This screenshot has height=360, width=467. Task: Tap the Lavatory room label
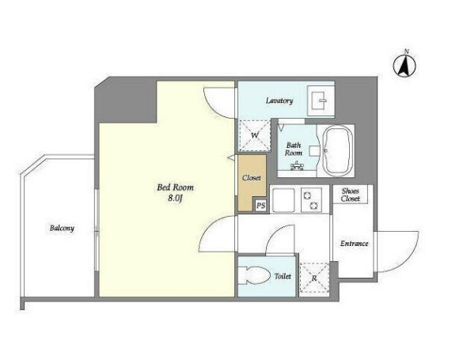tap(279, 100)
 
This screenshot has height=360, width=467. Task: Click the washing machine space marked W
tap(255, 135)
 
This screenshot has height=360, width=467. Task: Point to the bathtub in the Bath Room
tap(336, 150)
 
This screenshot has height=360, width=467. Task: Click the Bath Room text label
tap(294, 149)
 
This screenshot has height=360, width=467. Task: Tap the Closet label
tap(252, 178)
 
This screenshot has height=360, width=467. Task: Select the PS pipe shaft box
tap(261, 206)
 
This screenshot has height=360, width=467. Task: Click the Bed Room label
tap(175, 188)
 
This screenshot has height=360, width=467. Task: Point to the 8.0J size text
tap(175, 199)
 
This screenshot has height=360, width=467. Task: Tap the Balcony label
tap(62, 229)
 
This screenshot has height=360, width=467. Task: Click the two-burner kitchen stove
tap(311, 200)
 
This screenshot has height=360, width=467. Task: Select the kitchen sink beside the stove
tap(283, 200)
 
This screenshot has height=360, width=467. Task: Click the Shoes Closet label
tap(350, 195)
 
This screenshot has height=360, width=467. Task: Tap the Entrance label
tap(354, 244)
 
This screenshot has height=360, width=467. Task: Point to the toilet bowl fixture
tap(252, 275)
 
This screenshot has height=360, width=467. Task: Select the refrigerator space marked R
tap(314, 279)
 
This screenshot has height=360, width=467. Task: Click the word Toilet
tap(283, 276)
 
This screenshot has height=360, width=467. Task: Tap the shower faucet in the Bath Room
tap(297, 166)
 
